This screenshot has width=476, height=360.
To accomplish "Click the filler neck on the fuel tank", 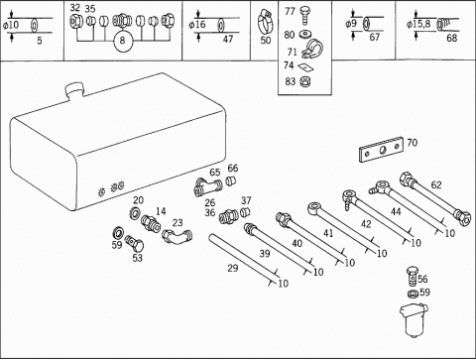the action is [75, 89].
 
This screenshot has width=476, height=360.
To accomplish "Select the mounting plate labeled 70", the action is [382, 150].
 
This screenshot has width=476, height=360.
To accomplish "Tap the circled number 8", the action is [123, 41].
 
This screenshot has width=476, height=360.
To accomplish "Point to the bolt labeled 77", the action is [304, 15].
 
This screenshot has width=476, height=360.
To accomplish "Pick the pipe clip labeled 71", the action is [312, 51].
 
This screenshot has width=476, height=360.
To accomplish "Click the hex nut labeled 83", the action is [303, 81].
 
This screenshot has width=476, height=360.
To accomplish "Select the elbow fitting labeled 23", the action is [177, 236].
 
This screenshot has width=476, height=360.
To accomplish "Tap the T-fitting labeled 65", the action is [208, 187].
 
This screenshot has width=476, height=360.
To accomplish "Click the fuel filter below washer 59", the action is [414, 319].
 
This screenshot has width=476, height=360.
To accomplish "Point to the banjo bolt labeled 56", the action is [412, 276].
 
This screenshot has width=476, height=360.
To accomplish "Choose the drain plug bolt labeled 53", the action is [134, 243].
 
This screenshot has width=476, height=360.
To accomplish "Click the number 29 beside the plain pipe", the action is [233, 268].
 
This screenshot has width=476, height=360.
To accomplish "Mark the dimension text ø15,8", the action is [418, 24].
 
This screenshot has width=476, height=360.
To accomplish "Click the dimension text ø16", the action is [197, 25].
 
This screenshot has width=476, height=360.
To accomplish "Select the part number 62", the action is [436, 184].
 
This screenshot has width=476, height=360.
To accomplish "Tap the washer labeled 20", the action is [135, 212].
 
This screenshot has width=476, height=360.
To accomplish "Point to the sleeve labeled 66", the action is [230, 181].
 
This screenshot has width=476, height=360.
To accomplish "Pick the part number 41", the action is [328, 233].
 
